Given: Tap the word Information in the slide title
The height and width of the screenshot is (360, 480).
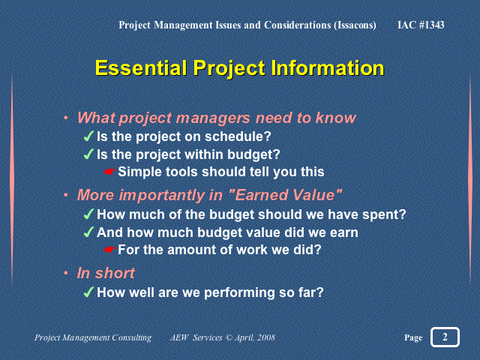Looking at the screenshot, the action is tap(328, 67).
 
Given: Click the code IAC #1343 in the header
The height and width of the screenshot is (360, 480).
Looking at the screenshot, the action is tap(421, 25).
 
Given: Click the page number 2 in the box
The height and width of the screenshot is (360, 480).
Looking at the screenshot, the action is tap(445, 337).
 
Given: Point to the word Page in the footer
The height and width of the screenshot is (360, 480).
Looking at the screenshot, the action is tap(413, 337).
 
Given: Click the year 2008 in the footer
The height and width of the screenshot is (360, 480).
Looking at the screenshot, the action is tap(266, 337).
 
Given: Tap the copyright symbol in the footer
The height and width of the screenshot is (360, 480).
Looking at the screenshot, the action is tap(229, 337).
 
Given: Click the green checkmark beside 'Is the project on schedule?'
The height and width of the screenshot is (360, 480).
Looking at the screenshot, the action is tap(88, 136).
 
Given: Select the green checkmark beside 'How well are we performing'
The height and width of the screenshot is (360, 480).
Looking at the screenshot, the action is tap(88, 292).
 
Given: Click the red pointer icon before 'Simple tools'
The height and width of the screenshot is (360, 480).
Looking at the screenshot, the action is tap(109, 172).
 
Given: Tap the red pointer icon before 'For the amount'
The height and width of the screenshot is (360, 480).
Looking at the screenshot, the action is tap(109, 250).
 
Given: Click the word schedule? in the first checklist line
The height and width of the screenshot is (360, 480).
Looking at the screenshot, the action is tap(238, 136).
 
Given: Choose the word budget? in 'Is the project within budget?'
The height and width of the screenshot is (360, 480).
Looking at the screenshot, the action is tap(253, 154).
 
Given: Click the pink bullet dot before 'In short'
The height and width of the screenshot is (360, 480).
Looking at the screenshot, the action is tap(66, 273).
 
